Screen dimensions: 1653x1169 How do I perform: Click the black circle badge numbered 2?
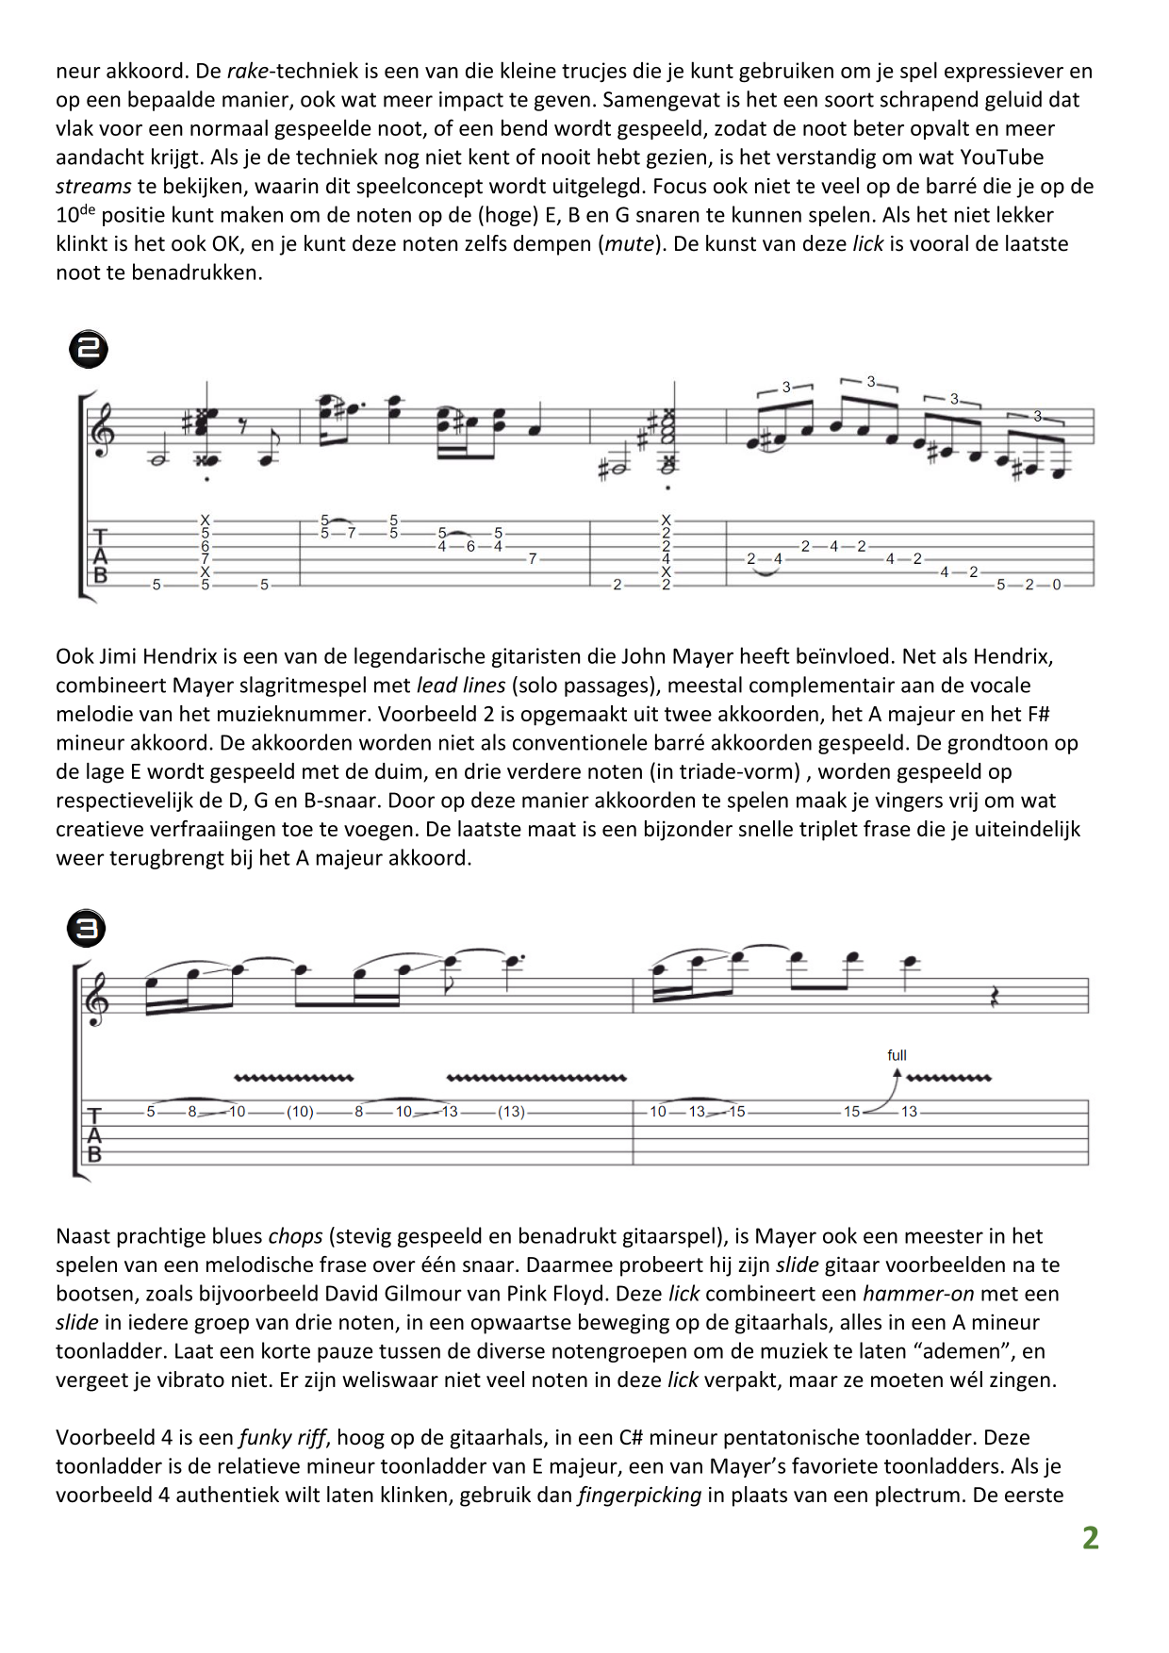point(89,349)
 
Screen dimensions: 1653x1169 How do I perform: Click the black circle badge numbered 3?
point(86,929)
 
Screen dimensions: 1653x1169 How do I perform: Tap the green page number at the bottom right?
point(1090,1538)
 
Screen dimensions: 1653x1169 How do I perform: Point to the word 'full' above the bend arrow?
point(897,1055)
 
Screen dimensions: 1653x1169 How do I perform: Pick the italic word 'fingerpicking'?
point(639,1495)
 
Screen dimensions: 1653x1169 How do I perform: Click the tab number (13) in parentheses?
point(511,1112)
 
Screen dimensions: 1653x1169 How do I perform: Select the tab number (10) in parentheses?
point(300,1112)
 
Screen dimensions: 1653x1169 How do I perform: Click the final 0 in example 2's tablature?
point(1056,585)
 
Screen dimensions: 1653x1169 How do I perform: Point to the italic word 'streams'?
point(93,186)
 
